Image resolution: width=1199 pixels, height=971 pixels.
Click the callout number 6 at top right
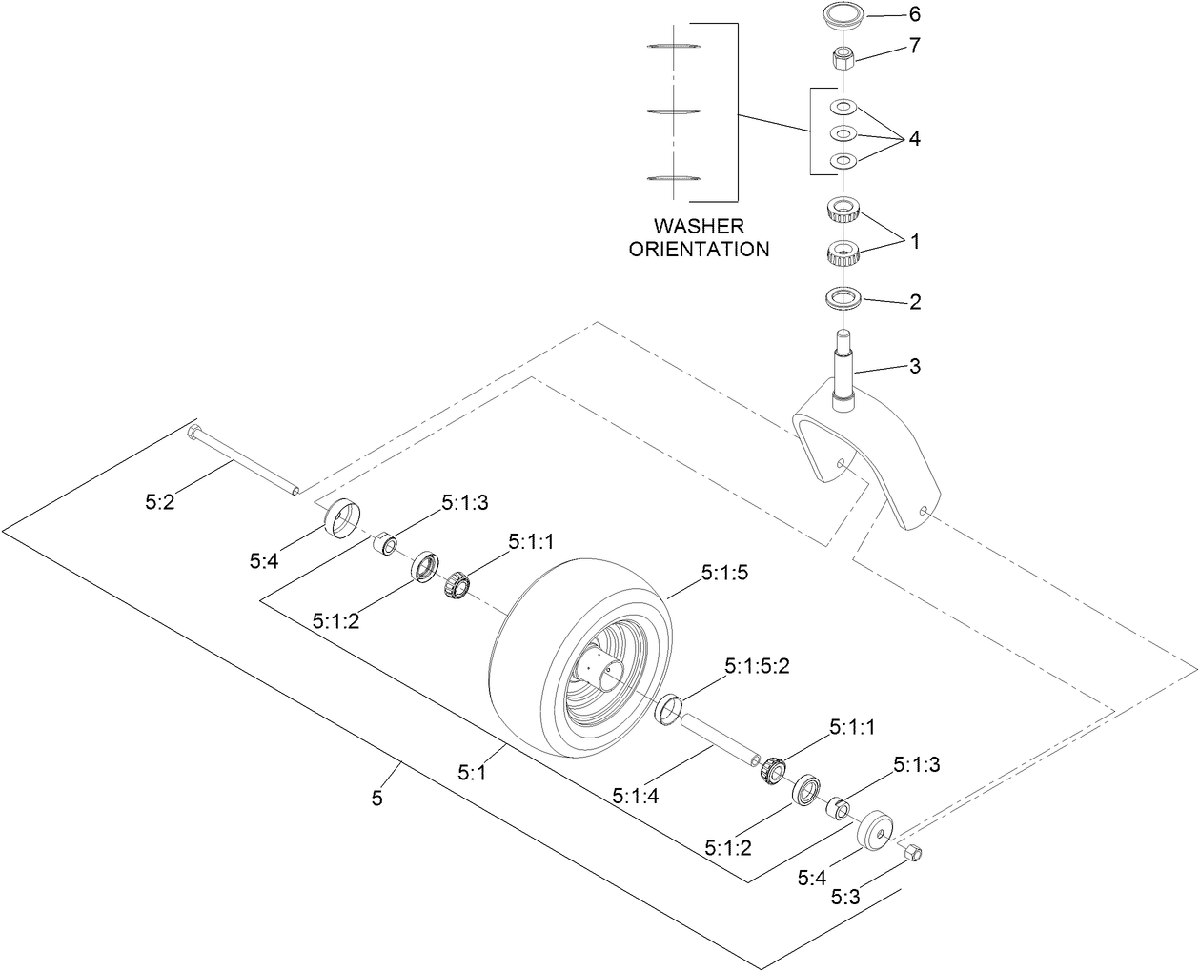coord(916,15)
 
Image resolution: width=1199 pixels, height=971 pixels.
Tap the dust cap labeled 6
coord(843,17)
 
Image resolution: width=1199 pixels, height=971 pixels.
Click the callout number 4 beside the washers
coord(914,138)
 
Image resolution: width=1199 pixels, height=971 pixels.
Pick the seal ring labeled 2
coord(843,298)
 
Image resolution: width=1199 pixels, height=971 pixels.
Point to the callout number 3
coord(915,365)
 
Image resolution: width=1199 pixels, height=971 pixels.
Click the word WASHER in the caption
coord(699,227)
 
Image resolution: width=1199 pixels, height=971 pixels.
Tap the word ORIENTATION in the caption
coord(699,250)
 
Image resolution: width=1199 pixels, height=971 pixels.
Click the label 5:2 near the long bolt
coord(160,501)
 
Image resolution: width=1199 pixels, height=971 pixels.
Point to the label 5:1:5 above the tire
coord(725,573)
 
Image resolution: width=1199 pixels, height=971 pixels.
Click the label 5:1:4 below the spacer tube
coord(636,795)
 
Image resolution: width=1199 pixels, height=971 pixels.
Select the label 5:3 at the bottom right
coord(845,897)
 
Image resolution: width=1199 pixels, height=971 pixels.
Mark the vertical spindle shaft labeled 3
coord(843,372)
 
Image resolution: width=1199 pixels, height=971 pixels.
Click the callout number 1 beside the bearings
coord(915,242)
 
